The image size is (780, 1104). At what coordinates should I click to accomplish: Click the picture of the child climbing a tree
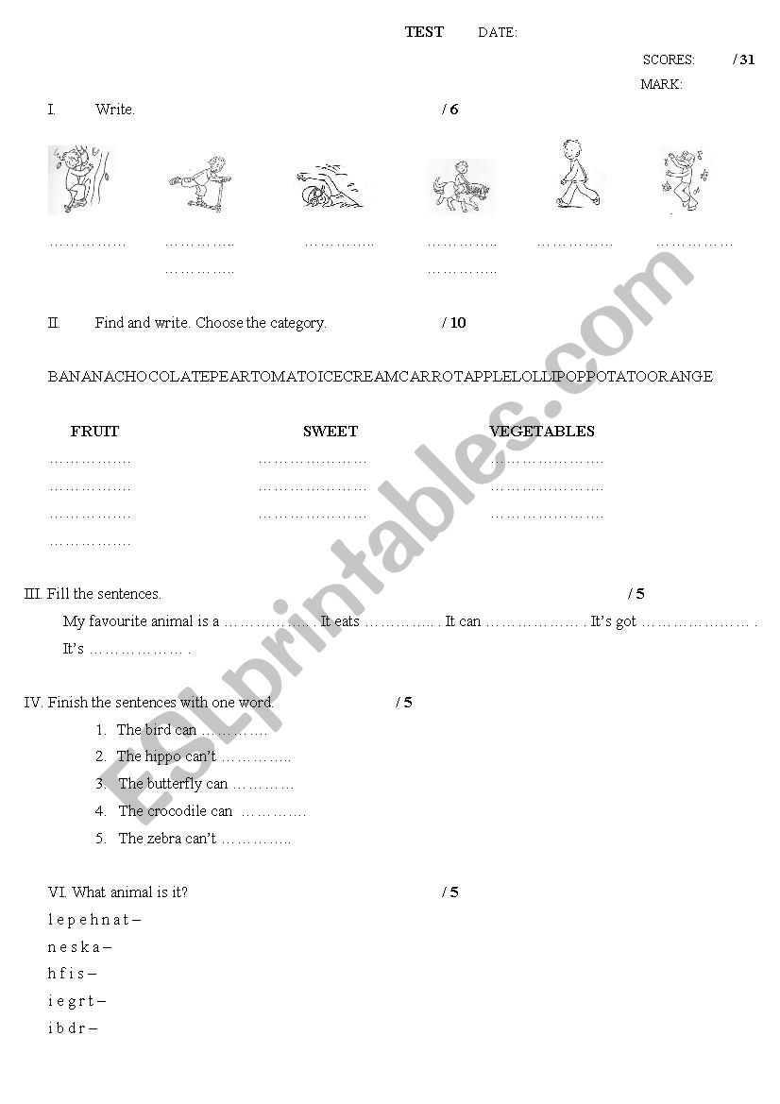coord(79,178)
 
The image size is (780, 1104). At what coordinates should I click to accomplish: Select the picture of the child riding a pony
coord(461,186)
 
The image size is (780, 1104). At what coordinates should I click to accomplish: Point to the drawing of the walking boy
coord(572,175)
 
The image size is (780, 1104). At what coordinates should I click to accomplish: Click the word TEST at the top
coord(424,32)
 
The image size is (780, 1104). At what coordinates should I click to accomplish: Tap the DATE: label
coord(498,33)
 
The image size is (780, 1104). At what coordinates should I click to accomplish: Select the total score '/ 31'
coord(744,59)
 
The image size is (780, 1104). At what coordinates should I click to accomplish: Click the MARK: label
coord(661,84)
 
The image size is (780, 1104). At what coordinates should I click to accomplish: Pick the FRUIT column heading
coord(94,432)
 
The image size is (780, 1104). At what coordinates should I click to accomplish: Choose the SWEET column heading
coord(331,432)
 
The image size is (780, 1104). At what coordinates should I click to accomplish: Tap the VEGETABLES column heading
coord(542,432)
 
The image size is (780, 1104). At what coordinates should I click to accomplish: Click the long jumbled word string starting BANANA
coord(381,377)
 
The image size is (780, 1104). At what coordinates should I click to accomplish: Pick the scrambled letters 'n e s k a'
coord(76,947)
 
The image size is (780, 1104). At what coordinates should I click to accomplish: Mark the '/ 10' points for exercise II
coord(454,323)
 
